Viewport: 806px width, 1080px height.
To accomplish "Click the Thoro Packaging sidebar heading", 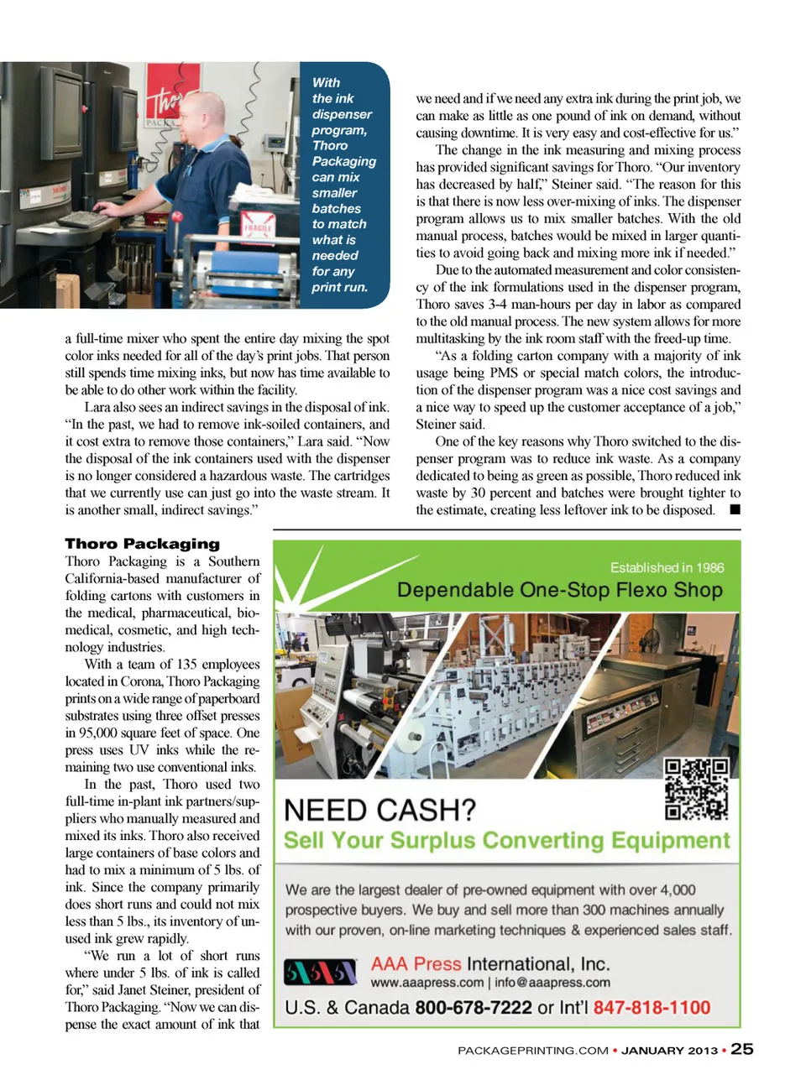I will [x=143, y=544].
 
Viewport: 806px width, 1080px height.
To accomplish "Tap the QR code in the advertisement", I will [x=696, y=789].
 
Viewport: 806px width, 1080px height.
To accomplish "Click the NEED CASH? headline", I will [x=379, y=810].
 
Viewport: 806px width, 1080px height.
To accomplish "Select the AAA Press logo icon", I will [x=320, y=973].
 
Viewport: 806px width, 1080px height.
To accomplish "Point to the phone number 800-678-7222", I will [x=474, y=1007].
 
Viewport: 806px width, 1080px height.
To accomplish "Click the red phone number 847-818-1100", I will [x=652, y=1007].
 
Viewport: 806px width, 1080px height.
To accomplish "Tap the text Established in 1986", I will [x=667, y=568].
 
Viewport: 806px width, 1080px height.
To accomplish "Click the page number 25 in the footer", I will [x=742, y=1049].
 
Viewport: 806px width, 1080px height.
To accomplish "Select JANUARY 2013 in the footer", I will [x=670, y=1050].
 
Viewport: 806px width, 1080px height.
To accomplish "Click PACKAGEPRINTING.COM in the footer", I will [x=533, y=1050].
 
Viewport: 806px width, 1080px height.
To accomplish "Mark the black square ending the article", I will [x=735, y=509].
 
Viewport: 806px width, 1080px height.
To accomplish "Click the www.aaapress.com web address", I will [x=427, y=983].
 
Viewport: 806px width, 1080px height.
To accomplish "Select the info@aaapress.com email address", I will [x=552, y=983].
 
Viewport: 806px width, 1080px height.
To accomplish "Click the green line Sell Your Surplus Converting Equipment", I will [x=506, y=841].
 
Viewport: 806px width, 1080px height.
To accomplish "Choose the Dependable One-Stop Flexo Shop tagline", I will [x=559, y=590].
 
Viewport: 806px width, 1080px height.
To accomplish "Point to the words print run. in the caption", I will [x=339, y=287].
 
